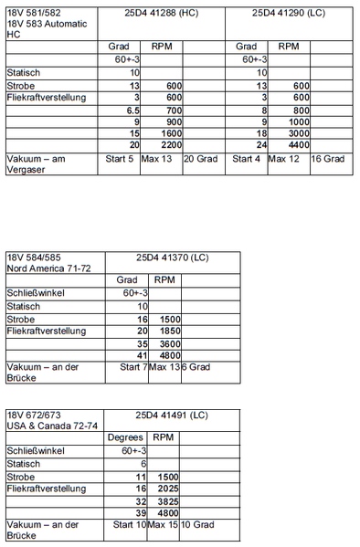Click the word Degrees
(125, 438)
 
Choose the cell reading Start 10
(128, 525)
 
